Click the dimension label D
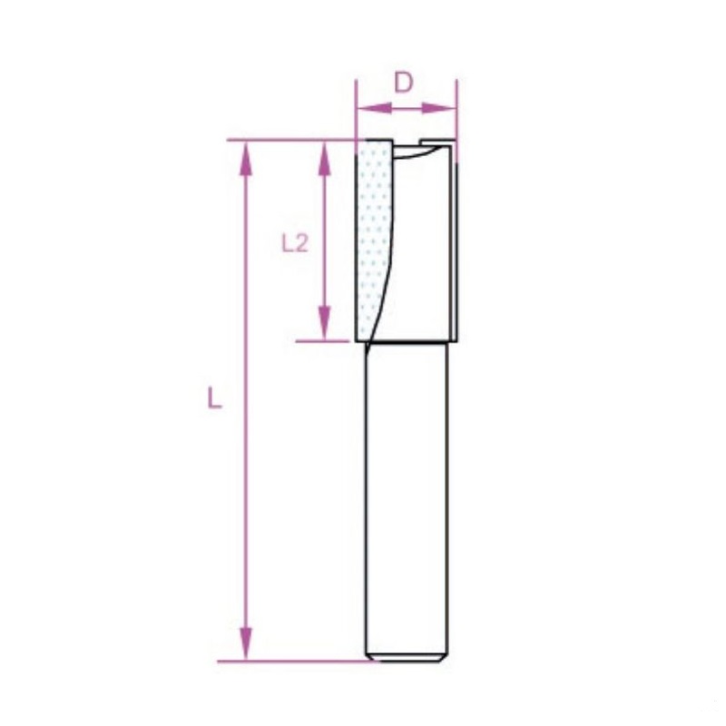coord(403,83)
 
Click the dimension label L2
coord(295,242)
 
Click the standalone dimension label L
coord(214,398)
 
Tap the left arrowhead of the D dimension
coord(374,108)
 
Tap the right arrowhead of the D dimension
coord(439,108)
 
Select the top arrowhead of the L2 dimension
coord(325,158)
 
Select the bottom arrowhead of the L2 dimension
coord(325,323)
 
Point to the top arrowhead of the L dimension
coord(246,158)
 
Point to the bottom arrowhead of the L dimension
coord(246,643)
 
